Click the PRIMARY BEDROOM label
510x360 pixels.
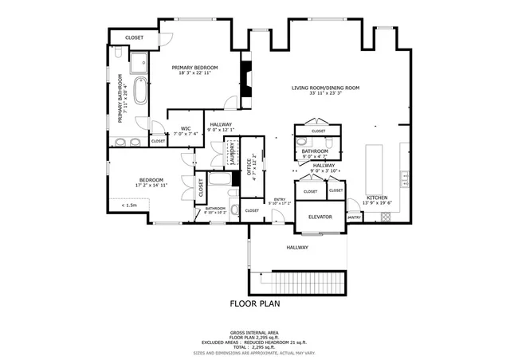tap(194, 68)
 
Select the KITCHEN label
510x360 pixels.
tap(377, 198)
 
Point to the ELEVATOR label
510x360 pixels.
tap(320, 217)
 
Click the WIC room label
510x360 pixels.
tap(185, 128)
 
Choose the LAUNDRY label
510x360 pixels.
tap(232, 153)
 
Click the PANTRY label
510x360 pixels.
tap(354, 217)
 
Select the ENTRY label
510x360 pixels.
tap(280, 199)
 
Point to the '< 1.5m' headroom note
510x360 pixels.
tap(129, 205)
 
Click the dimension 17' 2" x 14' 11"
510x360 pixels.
tap(151, 185)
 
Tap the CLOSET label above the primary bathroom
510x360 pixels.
tap(134, 37)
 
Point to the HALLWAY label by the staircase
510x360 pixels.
tap(297, 247)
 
